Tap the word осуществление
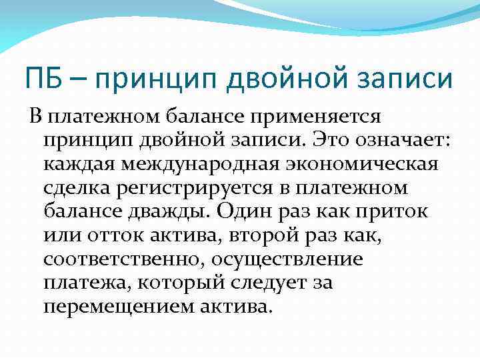point(305,259)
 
